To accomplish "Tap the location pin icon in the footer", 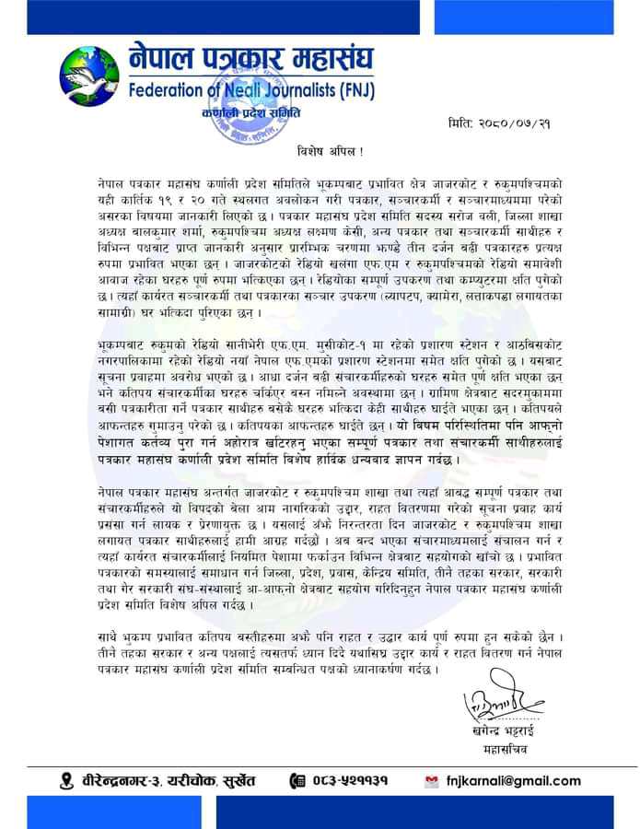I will [65, 781].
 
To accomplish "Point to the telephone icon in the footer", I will [297, 781].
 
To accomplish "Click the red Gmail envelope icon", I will [431, 781].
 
